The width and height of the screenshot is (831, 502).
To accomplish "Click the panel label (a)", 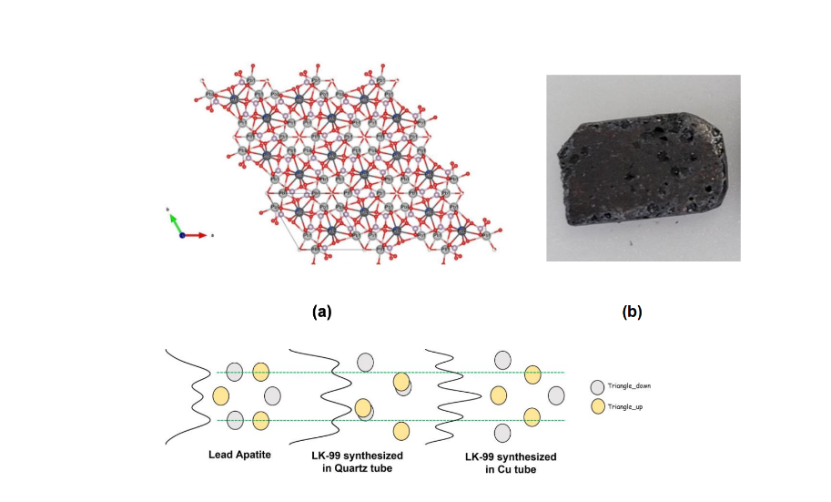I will (321, 312).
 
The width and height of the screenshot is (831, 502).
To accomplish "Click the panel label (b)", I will (632, 312).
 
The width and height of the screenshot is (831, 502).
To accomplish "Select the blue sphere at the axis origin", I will (182, 235).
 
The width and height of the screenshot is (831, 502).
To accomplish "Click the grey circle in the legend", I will (596, 386).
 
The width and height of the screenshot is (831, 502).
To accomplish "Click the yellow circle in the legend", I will (596, 405).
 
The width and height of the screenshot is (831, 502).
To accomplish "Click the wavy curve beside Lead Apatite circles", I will (193, 396).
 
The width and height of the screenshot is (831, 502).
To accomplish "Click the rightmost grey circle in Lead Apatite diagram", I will (272, 395).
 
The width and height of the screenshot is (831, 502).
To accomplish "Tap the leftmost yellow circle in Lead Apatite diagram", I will (220, 395).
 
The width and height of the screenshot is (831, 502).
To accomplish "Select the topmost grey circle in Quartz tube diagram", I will (365, 362).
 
